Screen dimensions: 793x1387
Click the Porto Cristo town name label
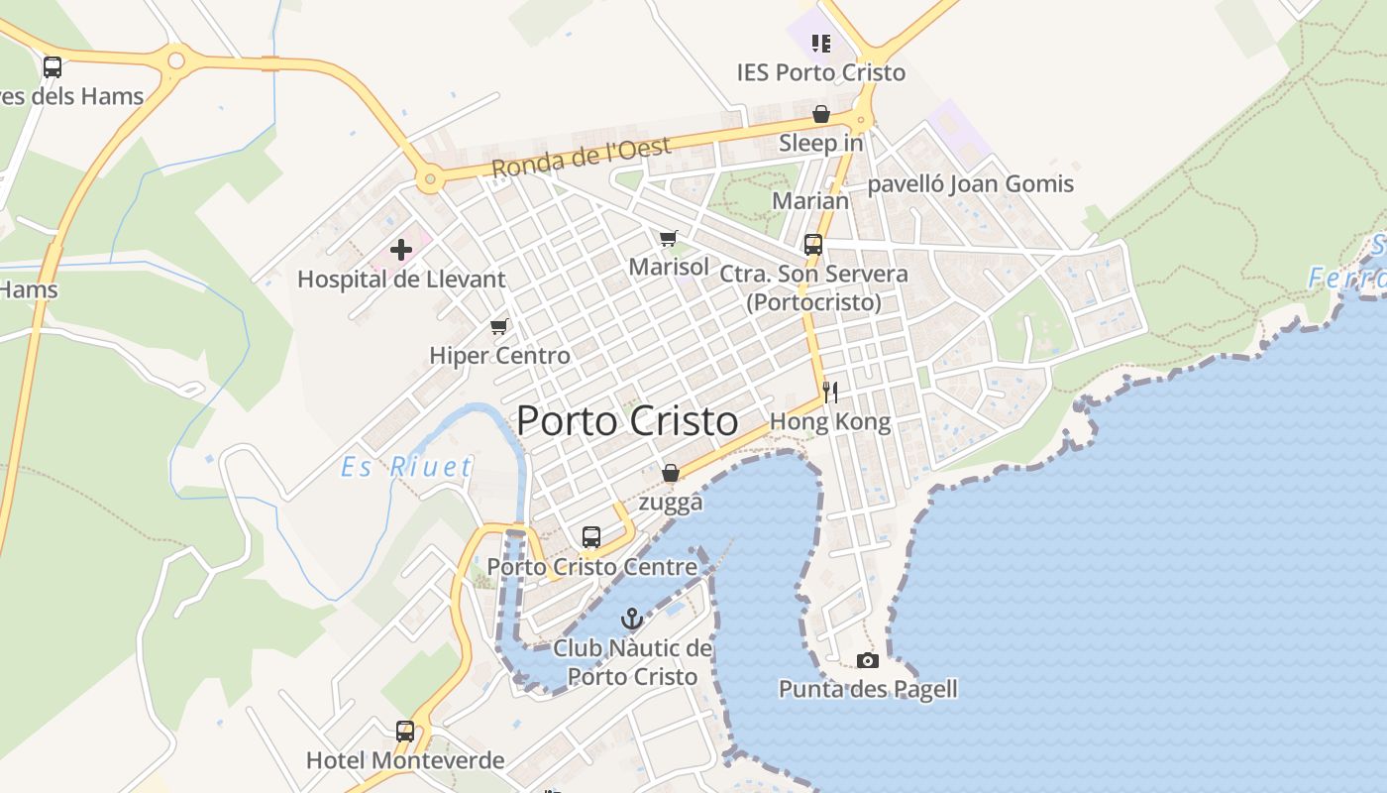pos(627,421)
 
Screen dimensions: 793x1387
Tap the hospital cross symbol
pos(401,250)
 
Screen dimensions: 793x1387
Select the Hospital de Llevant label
pos(401,280)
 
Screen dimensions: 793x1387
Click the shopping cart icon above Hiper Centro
pos(498,326)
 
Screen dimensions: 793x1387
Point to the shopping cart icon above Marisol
pos(669,238)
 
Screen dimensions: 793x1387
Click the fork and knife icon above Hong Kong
pos(830,392)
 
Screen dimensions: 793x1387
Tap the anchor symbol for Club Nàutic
pos(632,620)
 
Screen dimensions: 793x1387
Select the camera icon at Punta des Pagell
pos(868,660)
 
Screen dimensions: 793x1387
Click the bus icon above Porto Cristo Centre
pos(591,537)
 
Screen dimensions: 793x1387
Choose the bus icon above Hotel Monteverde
pos(405,732)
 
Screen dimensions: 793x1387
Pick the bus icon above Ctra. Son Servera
pos(813,244)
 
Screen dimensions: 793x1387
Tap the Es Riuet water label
pos(406,467)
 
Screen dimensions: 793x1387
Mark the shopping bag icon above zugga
pos(671,473)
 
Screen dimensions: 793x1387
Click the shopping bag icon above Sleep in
pos(820,114)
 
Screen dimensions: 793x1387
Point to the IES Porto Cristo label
pos(820,72)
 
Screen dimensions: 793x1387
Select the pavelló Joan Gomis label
pos(970,184)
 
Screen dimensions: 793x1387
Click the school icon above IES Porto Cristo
pos(820,43)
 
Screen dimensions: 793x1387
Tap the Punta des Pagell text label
pos(868,689)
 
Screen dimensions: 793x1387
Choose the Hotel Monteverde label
pos(405,761)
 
